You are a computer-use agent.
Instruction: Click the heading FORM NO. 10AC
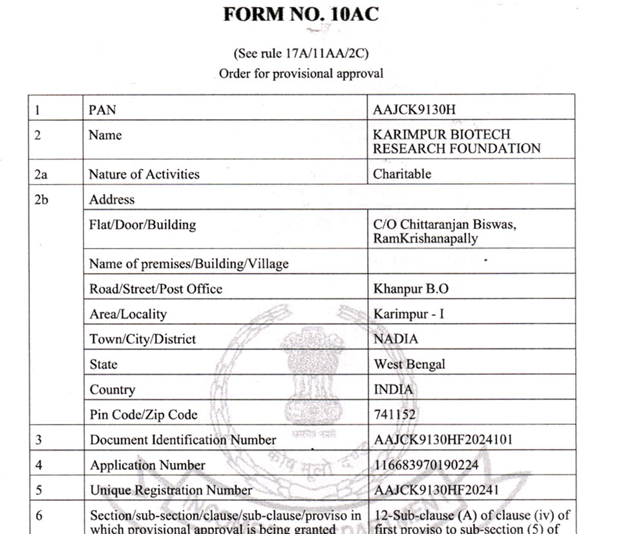click(300, 15)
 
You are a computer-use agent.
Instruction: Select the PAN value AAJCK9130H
click(414, 109)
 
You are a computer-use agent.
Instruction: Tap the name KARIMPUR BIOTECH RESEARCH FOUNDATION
click(456, 142)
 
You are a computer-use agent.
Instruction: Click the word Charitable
click(402, 174)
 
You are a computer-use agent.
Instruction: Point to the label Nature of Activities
click(144, 174)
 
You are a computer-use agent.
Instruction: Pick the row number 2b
click(41, 199)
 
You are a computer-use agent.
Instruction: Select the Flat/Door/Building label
click(142, 225)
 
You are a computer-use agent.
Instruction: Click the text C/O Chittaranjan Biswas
click(445, 225)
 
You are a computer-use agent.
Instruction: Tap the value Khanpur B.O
click(406, 289)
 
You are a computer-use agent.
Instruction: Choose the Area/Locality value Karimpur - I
click(409, 314)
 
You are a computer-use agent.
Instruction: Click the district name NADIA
click(396, 339)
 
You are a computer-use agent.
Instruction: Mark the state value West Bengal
click(409, 364)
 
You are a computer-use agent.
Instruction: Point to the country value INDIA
click(393, 390)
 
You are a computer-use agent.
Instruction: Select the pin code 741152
click(395, 414)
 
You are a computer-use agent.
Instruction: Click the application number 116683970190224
click(434, 465)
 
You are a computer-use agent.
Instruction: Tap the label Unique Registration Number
click(171, 490)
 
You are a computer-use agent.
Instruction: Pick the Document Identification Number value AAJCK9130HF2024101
click(443, 439)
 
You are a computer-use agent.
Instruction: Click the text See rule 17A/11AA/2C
click(301, 53)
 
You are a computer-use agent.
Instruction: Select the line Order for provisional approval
click(301, 73)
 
